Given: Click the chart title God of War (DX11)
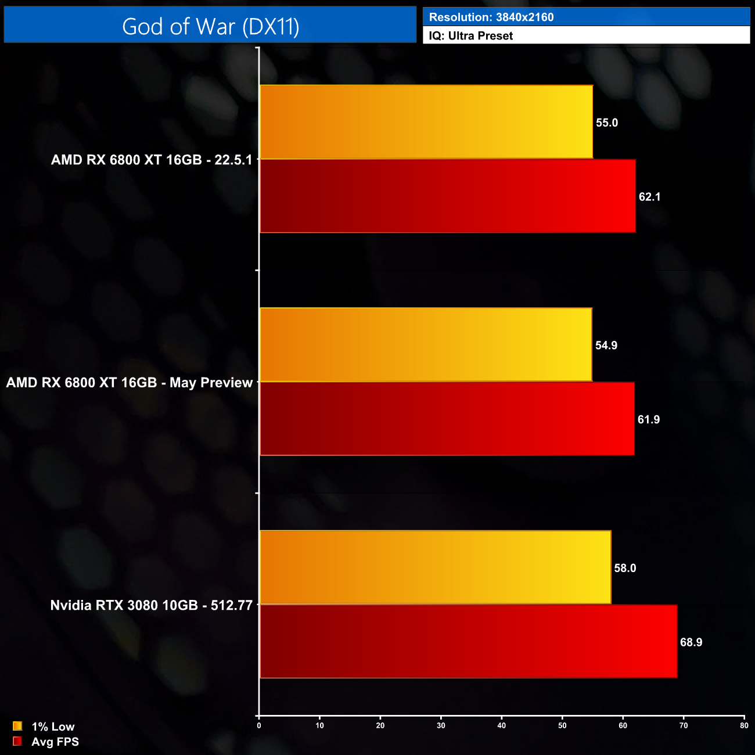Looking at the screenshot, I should point(210,27).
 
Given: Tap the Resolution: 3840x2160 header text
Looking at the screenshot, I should point(491,17).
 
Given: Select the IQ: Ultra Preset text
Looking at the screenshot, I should point(471,36).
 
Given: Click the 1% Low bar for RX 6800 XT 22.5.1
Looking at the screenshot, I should point(426,122).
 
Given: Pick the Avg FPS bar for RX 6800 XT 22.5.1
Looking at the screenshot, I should point(448,196).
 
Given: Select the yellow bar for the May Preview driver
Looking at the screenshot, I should point(426,345).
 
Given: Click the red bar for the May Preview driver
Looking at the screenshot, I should point(447,419).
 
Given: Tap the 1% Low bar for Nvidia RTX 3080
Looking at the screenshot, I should point(435,567).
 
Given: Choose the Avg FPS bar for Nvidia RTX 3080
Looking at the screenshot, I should point(468,641).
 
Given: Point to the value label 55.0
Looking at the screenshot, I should point(607,123).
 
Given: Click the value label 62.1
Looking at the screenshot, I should point(649,197).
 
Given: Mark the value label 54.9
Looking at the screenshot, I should point(606,346).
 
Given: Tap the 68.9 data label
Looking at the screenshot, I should point(691,642).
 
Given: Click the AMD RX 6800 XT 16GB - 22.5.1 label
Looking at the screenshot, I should point(152,160).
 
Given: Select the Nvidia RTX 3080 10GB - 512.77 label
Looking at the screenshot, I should point(152,605).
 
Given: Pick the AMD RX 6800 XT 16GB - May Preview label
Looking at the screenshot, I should point(130,383).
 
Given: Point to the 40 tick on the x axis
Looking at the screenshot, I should point(502,725).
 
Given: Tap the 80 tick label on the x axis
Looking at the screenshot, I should point(744,725).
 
